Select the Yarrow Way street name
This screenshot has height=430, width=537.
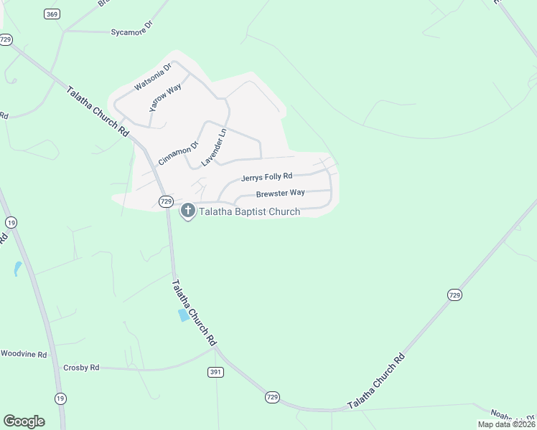(164, 98)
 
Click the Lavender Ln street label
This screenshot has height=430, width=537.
(214, 146)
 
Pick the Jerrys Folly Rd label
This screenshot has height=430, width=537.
(266, 176)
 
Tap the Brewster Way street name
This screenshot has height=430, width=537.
(281, 193)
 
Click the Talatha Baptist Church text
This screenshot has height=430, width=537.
(249, 211)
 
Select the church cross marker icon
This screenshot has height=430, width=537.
(188, 211)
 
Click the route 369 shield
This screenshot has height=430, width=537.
(51, 14)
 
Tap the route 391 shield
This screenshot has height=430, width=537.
(216, 372)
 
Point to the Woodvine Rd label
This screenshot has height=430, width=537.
(23, 353)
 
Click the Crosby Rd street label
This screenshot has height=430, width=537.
(80, 368)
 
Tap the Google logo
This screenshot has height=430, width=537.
(24, 421)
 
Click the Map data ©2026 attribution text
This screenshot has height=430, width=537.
(506, 424)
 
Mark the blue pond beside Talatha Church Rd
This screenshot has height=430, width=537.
(184, 315)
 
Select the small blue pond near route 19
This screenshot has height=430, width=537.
(17, 269)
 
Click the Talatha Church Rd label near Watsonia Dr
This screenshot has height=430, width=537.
(98, 113)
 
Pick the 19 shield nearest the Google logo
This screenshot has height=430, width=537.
(60, 398)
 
